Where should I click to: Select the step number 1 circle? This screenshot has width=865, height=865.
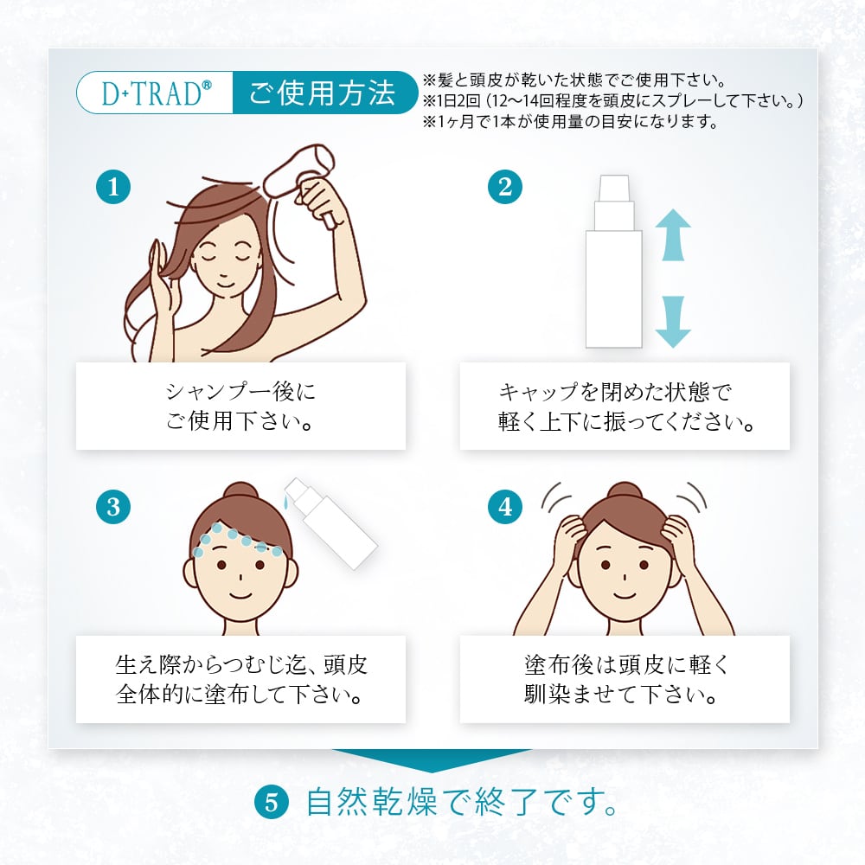coord(113,187)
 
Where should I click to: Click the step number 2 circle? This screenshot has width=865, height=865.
coord(505,187)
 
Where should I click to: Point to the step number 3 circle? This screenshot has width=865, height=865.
coord(113,507)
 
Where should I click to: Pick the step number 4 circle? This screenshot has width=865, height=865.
coord(505,507)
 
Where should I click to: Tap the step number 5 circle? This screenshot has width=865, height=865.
coord(272,803)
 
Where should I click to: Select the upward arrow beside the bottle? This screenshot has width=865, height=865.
coord(673,235)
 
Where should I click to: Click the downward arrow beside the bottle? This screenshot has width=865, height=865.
coord(673,322)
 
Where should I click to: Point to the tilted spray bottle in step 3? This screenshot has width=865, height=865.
coord(330,523)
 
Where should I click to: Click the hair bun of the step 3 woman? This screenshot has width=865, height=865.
coord(241,491)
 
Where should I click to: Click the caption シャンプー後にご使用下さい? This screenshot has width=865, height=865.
coord(240,407)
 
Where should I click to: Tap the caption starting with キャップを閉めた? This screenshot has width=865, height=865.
coord(625,407)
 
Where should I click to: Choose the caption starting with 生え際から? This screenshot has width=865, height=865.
coord(240,680)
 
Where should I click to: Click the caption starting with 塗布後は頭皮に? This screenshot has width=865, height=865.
coord(625,680)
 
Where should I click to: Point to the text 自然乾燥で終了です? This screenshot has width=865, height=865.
coord(462,803)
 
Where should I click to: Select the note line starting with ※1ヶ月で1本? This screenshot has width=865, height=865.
coord(570,121)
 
